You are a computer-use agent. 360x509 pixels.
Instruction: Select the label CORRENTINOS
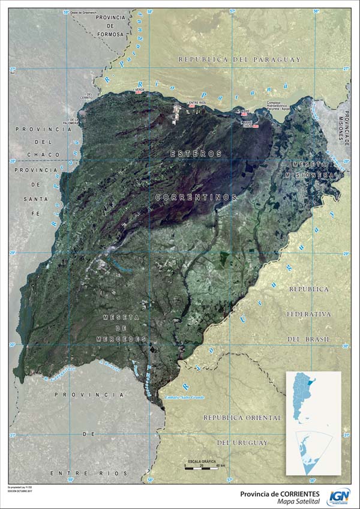196,197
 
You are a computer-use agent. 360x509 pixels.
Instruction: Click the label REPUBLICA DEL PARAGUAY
239,59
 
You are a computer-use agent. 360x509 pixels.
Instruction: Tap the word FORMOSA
110,34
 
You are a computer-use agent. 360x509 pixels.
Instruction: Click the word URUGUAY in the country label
243,442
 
